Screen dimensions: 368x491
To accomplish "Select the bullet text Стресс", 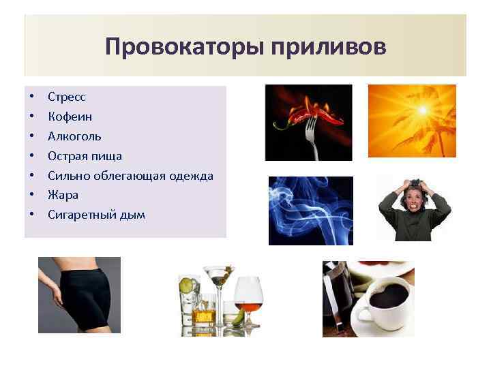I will tap(67, 97).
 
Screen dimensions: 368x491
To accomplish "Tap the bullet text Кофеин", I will tap(70, 117).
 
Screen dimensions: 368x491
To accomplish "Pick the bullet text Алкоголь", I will tap(74, 136).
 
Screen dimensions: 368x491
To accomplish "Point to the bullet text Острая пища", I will tap(85, 156).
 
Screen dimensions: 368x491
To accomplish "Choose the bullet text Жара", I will tap(63, 195).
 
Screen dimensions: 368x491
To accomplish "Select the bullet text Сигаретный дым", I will tap(96, 215).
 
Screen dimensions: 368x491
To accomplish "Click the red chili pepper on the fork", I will tap(300, 112).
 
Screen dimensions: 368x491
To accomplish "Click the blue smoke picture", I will tap(310, 210).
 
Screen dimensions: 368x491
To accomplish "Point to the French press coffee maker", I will tap(338, 293).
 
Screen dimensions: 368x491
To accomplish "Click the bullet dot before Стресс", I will tap(31, 97).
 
